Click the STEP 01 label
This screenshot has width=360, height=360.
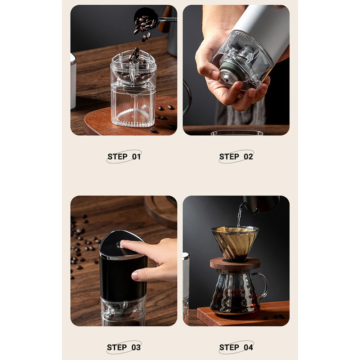(x=124, y=157)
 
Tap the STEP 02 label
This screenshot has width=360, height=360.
(x=236, y=157)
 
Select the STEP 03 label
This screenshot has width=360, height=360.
(x=124, y=347)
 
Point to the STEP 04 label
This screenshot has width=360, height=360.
(x=236, y=347)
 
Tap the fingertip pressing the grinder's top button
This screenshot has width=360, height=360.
(x=125, y=244)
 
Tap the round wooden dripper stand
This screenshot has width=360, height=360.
(x=235, y=264)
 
